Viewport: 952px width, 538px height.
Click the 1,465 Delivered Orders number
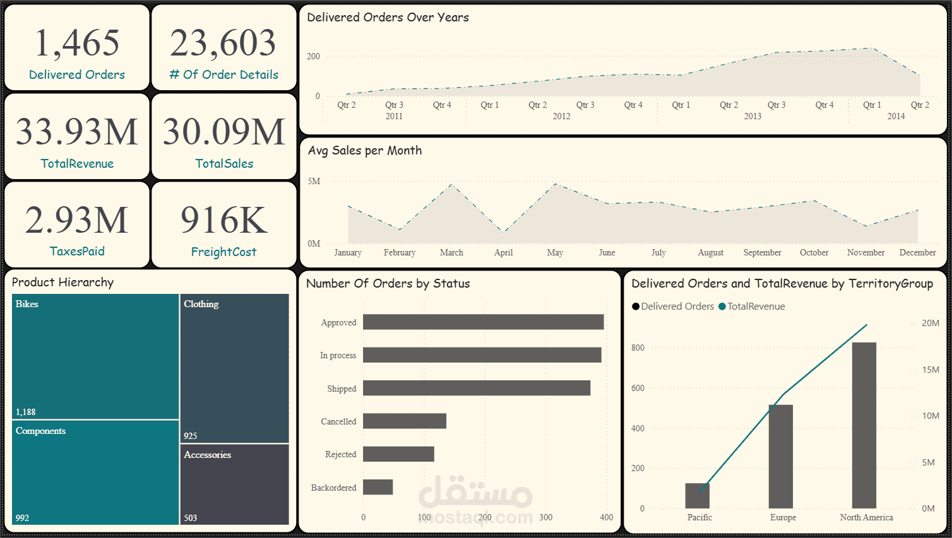pyautogui.click(x=77, y=44)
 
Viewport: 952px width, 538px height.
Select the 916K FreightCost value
pyautogui.click(x=224, y=220)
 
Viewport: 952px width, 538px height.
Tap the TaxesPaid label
pyautogui.click(x=77, y=251)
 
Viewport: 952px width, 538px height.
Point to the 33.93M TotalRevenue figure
pyautogui.click(x=77, y=132)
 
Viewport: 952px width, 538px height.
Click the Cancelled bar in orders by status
pyautogui.click(x=404, y=421)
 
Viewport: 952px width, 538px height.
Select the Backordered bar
pyautogui.click(x=378, y=488)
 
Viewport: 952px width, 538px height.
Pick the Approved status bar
pyautogui.click(x=483, y=322)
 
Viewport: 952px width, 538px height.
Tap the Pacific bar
pyautogui.click(x=697, y=496)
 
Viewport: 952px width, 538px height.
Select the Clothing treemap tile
pyautogui.click(x=234, y=368)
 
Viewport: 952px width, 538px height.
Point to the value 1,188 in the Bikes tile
pyautogui.click(x=26, y=412)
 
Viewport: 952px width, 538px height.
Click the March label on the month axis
pyautogui.click(x=451, y=252)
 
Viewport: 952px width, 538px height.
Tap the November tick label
pyautogui.click(x=866, y=252)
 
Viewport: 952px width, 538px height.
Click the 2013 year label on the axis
pyautogui.click(x=753, y=116)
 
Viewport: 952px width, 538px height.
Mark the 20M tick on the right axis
pyautogui.click(x=930, y=323)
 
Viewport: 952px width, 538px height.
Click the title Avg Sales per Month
pyautogui.click(x=365, y=150)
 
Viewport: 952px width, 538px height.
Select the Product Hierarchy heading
pyautogui.click(x=62, y=282)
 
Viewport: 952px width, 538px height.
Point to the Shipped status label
pyautogui.click(x=342, y=389)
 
